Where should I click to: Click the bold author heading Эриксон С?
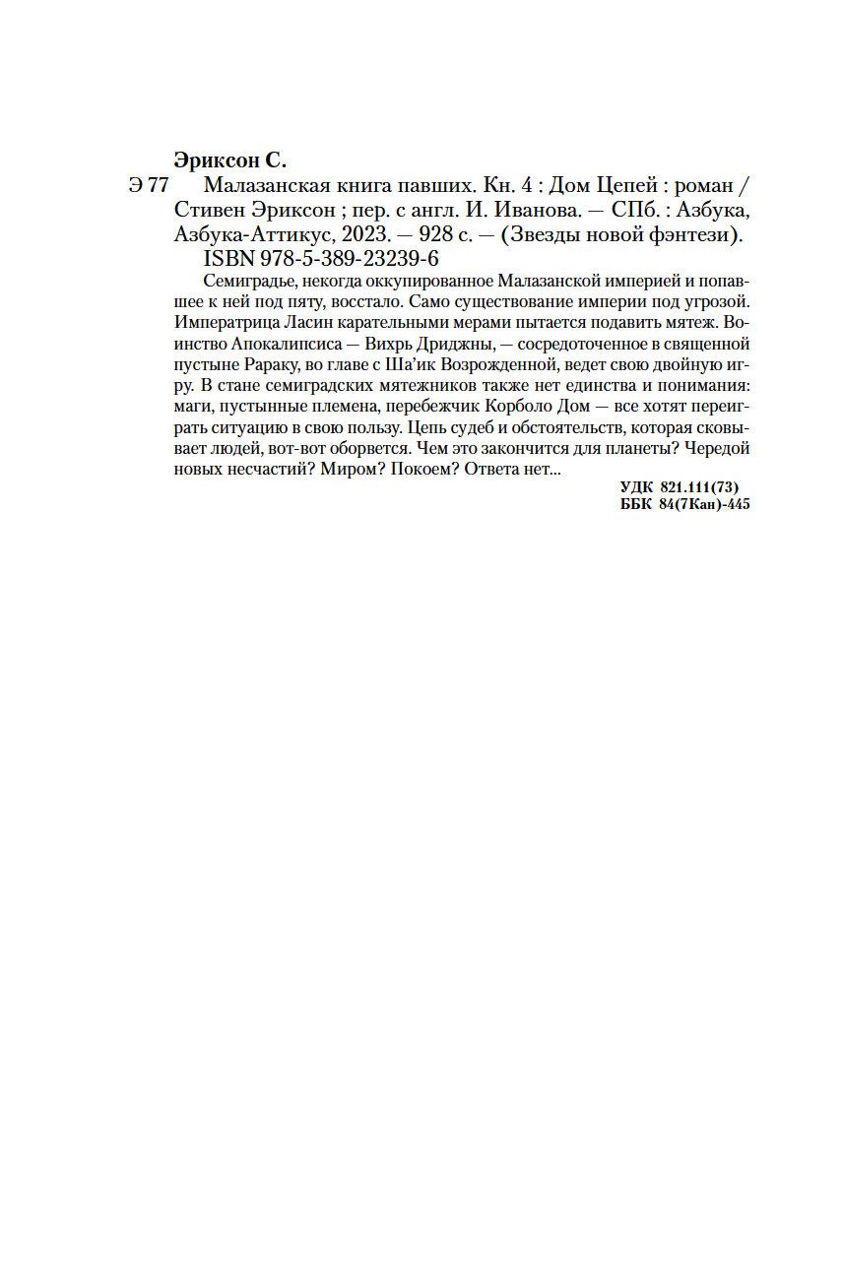coord(228,160)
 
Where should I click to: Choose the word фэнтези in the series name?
coord(698,235)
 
